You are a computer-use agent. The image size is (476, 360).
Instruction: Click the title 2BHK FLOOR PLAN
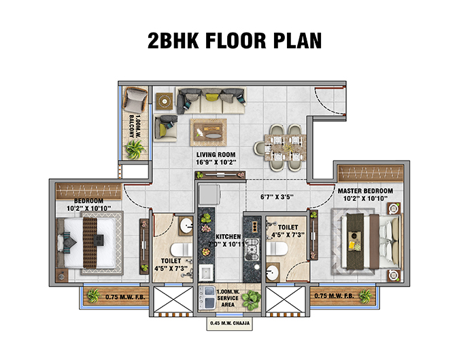click(x=235, y=40)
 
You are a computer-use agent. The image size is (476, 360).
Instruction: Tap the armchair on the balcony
click(x=137, y=103)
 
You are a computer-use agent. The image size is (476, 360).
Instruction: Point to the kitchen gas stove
click(x=252, y=248)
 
